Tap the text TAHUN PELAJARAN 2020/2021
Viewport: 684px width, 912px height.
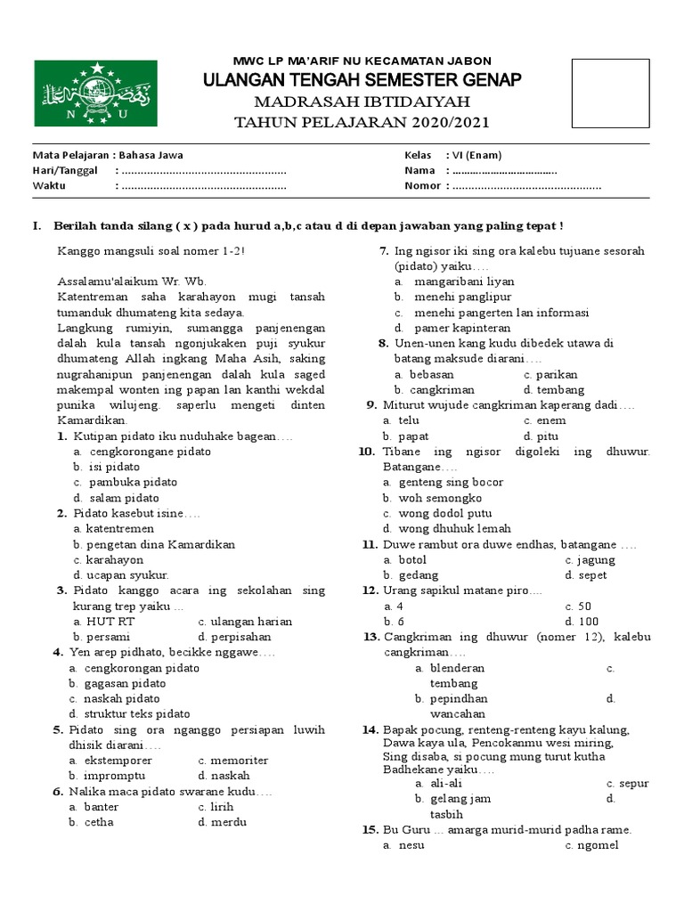361,122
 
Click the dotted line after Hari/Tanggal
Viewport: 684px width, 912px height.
203,170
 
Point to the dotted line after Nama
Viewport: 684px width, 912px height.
504,170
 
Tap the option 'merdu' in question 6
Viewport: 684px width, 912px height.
227,822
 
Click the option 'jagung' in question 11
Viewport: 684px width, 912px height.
595,559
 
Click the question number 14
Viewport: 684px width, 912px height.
370,729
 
